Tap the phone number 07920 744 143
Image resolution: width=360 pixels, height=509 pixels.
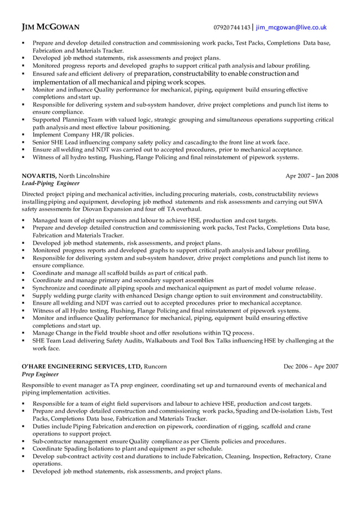click(231, 27)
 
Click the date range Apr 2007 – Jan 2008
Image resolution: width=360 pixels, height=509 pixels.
click(312, 175)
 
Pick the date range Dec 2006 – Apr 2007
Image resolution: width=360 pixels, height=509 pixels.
click(311, 366)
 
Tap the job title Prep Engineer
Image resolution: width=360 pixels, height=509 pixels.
click(41, 374)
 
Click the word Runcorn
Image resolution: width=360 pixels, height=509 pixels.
click(156, 366)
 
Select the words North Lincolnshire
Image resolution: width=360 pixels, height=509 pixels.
click(85, 175)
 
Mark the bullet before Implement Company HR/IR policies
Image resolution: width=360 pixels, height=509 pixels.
click(23, 135)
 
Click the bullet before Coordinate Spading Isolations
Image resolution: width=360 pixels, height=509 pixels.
click(23, 449)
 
